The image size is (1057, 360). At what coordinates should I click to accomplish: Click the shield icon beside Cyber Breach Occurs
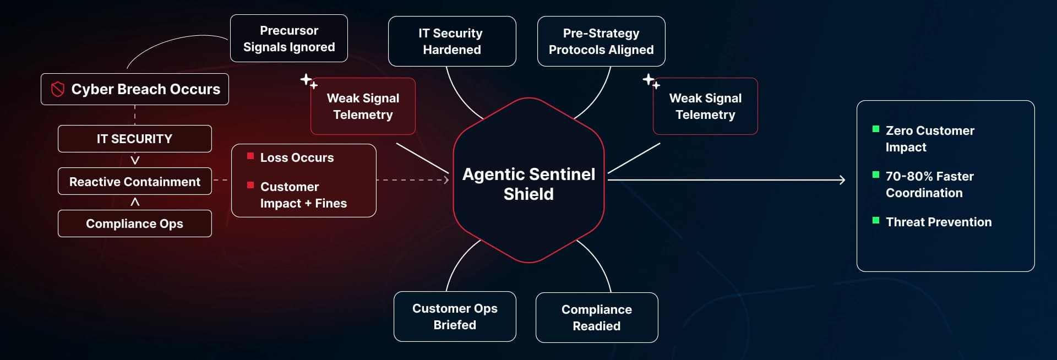pyautogui.click(x=58, y=89)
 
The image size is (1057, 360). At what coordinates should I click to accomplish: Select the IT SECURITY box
pyautogui.click(x=134, y=139)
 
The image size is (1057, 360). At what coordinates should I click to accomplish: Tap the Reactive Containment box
pyautogui.click(x=134, y=182)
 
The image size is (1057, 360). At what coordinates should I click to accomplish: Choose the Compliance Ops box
pyautogui.click(x=134, y=223)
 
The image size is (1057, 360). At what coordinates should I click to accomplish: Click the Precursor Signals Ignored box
pyautogui.click(x=288, y=39)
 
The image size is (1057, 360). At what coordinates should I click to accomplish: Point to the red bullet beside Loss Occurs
pyautogui.click(x=250, y=156)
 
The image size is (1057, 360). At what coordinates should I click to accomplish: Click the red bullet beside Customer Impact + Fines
pyautogui.click(x=250, y=186)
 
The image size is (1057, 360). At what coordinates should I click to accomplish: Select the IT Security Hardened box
pyautogui.click(x=451, y=41)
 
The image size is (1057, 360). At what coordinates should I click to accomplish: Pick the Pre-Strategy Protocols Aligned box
pyautogui.click(x=601, y=41)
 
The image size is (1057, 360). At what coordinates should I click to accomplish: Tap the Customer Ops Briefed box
pyautogui.click(x=454, y=317)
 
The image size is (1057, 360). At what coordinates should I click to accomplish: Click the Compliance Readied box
pyautogui.click(x=596, y=318)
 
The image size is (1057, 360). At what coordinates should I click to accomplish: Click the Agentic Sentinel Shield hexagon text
pyautogui.click(x=528, y=184)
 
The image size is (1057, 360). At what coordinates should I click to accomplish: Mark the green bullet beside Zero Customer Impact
pyautogui.click(x=876, y=129)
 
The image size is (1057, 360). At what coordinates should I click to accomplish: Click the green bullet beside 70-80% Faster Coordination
pyautogui.click(x=876, y=175)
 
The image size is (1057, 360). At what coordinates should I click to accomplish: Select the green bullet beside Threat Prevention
pyautogui.click(x=876, y=221)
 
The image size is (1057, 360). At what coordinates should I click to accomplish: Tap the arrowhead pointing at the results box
pyautogui.click(x=842, y=180)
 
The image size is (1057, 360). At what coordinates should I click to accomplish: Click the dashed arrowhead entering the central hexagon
pyautogui.click(x=446, y=180)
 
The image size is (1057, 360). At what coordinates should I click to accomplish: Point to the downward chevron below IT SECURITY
pyautogui.click(x=135, y=160)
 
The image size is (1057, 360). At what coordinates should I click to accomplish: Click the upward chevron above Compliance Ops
pyautogui.click(x=135, y=202)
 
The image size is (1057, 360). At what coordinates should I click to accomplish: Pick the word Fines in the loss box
pyautogui.click(x=331, y=204)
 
